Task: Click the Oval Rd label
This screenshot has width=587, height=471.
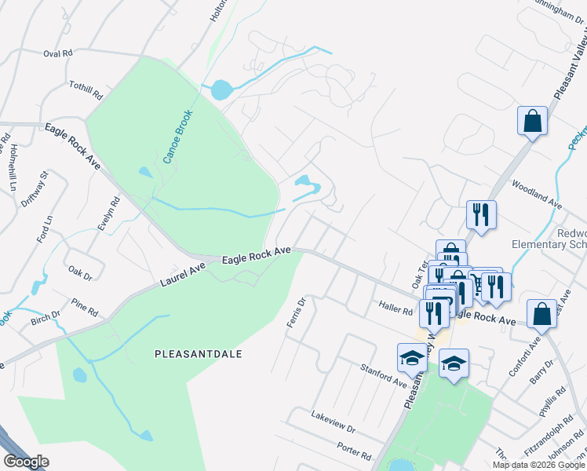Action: click(57, 54)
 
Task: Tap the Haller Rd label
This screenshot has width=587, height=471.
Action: click(395, 311)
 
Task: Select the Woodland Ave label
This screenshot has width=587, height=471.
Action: click(538, 195)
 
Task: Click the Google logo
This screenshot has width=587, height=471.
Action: click(26, 461)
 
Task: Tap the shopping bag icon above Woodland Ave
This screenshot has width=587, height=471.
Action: click(532, 122)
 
